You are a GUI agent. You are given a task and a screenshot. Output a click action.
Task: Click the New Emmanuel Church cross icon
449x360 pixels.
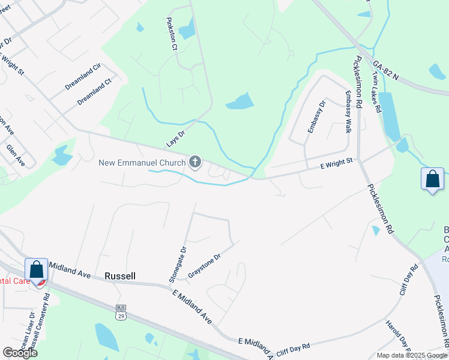tap(195, 161)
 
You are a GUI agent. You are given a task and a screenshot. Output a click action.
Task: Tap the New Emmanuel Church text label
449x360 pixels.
tap(142, 162)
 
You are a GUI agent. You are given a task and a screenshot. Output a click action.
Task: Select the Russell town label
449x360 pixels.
tap(119, 276)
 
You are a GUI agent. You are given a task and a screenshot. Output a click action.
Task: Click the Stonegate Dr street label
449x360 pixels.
tap(176, 264)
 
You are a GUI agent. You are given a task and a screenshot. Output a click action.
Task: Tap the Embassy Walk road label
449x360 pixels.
tap(348, 112)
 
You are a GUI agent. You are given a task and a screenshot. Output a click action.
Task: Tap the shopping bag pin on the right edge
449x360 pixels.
tap(433, 179)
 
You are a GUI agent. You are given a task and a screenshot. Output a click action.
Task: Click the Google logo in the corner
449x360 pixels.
tap(20, 353)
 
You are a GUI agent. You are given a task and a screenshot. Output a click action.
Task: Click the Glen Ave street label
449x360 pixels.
tap(16, 155)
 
